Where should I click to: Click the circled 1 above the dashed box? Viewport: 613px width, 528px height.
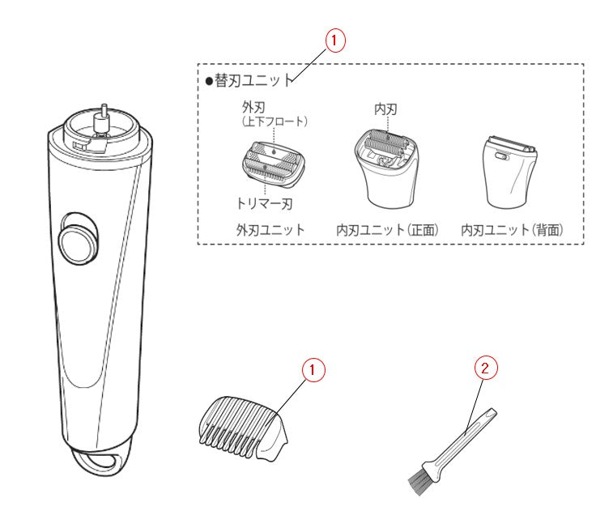coord(335,40)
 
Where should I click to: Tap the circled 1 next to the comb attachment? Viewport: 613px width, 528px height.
coord(313,369)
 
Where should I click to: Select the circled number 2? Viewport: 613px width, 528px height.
coord(486,368)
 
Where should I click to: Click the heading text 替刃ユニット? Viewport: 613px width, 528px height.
coord(254,80)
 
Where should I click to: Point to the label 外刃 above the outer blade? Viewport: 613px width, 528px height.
coord(253,107)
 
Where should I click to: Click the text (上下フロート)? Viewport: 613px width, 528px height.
coord(275,121)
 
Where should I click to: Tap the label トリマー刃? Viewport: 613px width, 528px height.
coord(265,203)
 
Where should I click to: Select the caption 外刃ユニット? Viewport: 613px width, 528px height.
coord(270,230)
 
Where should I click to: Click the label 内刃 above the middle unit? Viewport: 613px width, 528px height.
coord(386,109)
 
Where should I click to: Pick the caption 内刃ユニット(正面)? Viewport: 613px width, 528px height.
coord(388,230)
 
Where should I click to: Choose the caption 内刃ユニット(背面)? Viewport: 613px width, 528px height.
coord(512,230)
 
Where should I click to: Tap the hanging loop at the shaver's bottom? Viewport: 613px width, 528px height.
coord(102,460)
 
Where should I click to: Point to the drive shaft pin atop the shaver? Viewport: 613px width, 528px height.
coord(104,117)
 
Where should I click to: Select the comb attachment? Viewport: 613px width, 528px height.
coord(244,428)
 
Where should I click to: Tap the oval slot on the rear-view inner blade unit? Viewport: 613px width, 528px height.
coord(502,157)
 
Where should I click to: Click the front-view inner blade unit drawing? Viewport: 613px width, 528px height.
coord(386,168)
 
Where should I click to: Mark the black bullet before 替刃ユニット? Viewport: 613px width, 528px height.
coord(209,81)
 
